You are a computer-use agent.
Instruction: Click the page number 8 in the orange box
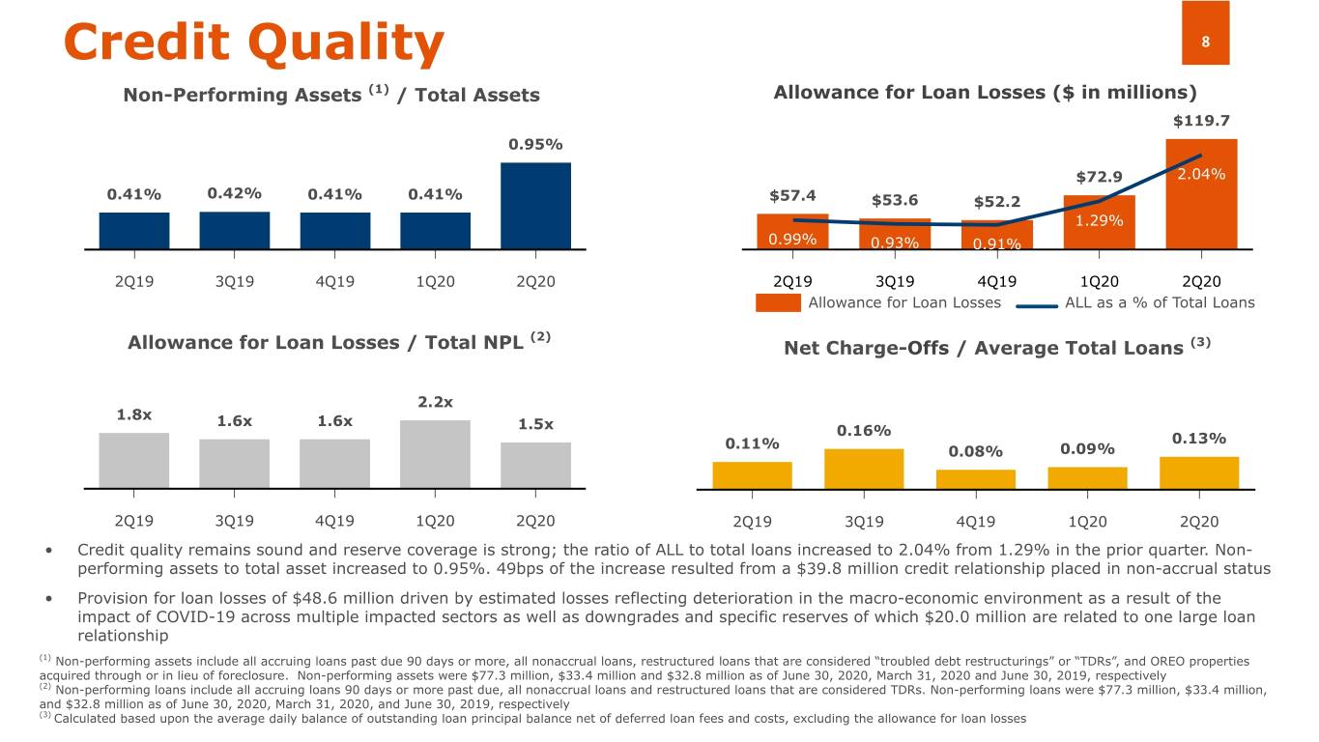[x=1205, y=42]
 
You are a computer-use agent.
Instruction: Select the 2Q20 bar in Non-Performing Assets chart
[x=535, y=205]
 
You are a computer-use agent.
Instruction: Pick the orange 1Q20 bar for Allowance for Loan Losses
[x=1099, y=222]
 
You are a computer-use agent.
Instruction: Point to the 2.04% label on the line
[x=1201, y=174]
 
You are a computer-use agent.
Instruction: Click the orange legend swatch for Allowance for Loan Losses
[x=778, y=303]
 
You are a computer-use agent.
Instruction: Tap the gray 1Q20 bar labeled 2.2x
[x=435, y=454]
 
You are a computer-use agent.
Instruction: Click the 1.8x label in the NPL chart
[x=134, y=415]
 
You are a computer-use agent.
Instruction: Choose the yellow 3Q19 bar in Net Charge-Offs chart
[x=864, y=469]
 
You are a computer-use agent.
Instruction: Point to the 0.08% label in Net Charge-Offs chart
[x=975, y=451]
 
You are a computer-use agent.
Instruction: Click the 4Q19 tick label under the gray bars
[x=334, y=521]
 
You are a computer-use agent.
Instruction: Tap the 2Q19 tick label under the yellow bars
[x=753, y=522]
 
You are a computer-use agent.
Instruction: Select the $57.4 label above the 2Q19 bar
[x=792, y=196]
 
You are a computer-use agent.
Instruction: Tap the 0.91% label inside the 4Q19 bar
[x=997, y=243]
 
